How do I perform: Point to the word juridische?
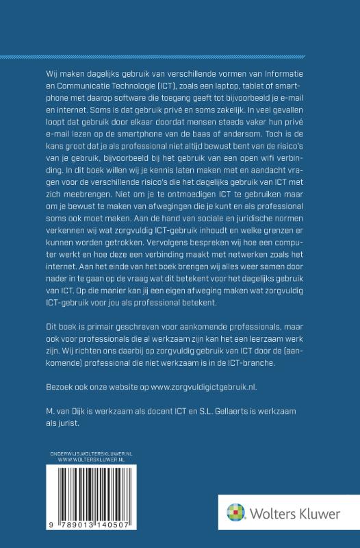pyautogui.click(x=254, y=220)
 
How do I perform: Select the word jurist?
pyautogui.click(x=66, y=424)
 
